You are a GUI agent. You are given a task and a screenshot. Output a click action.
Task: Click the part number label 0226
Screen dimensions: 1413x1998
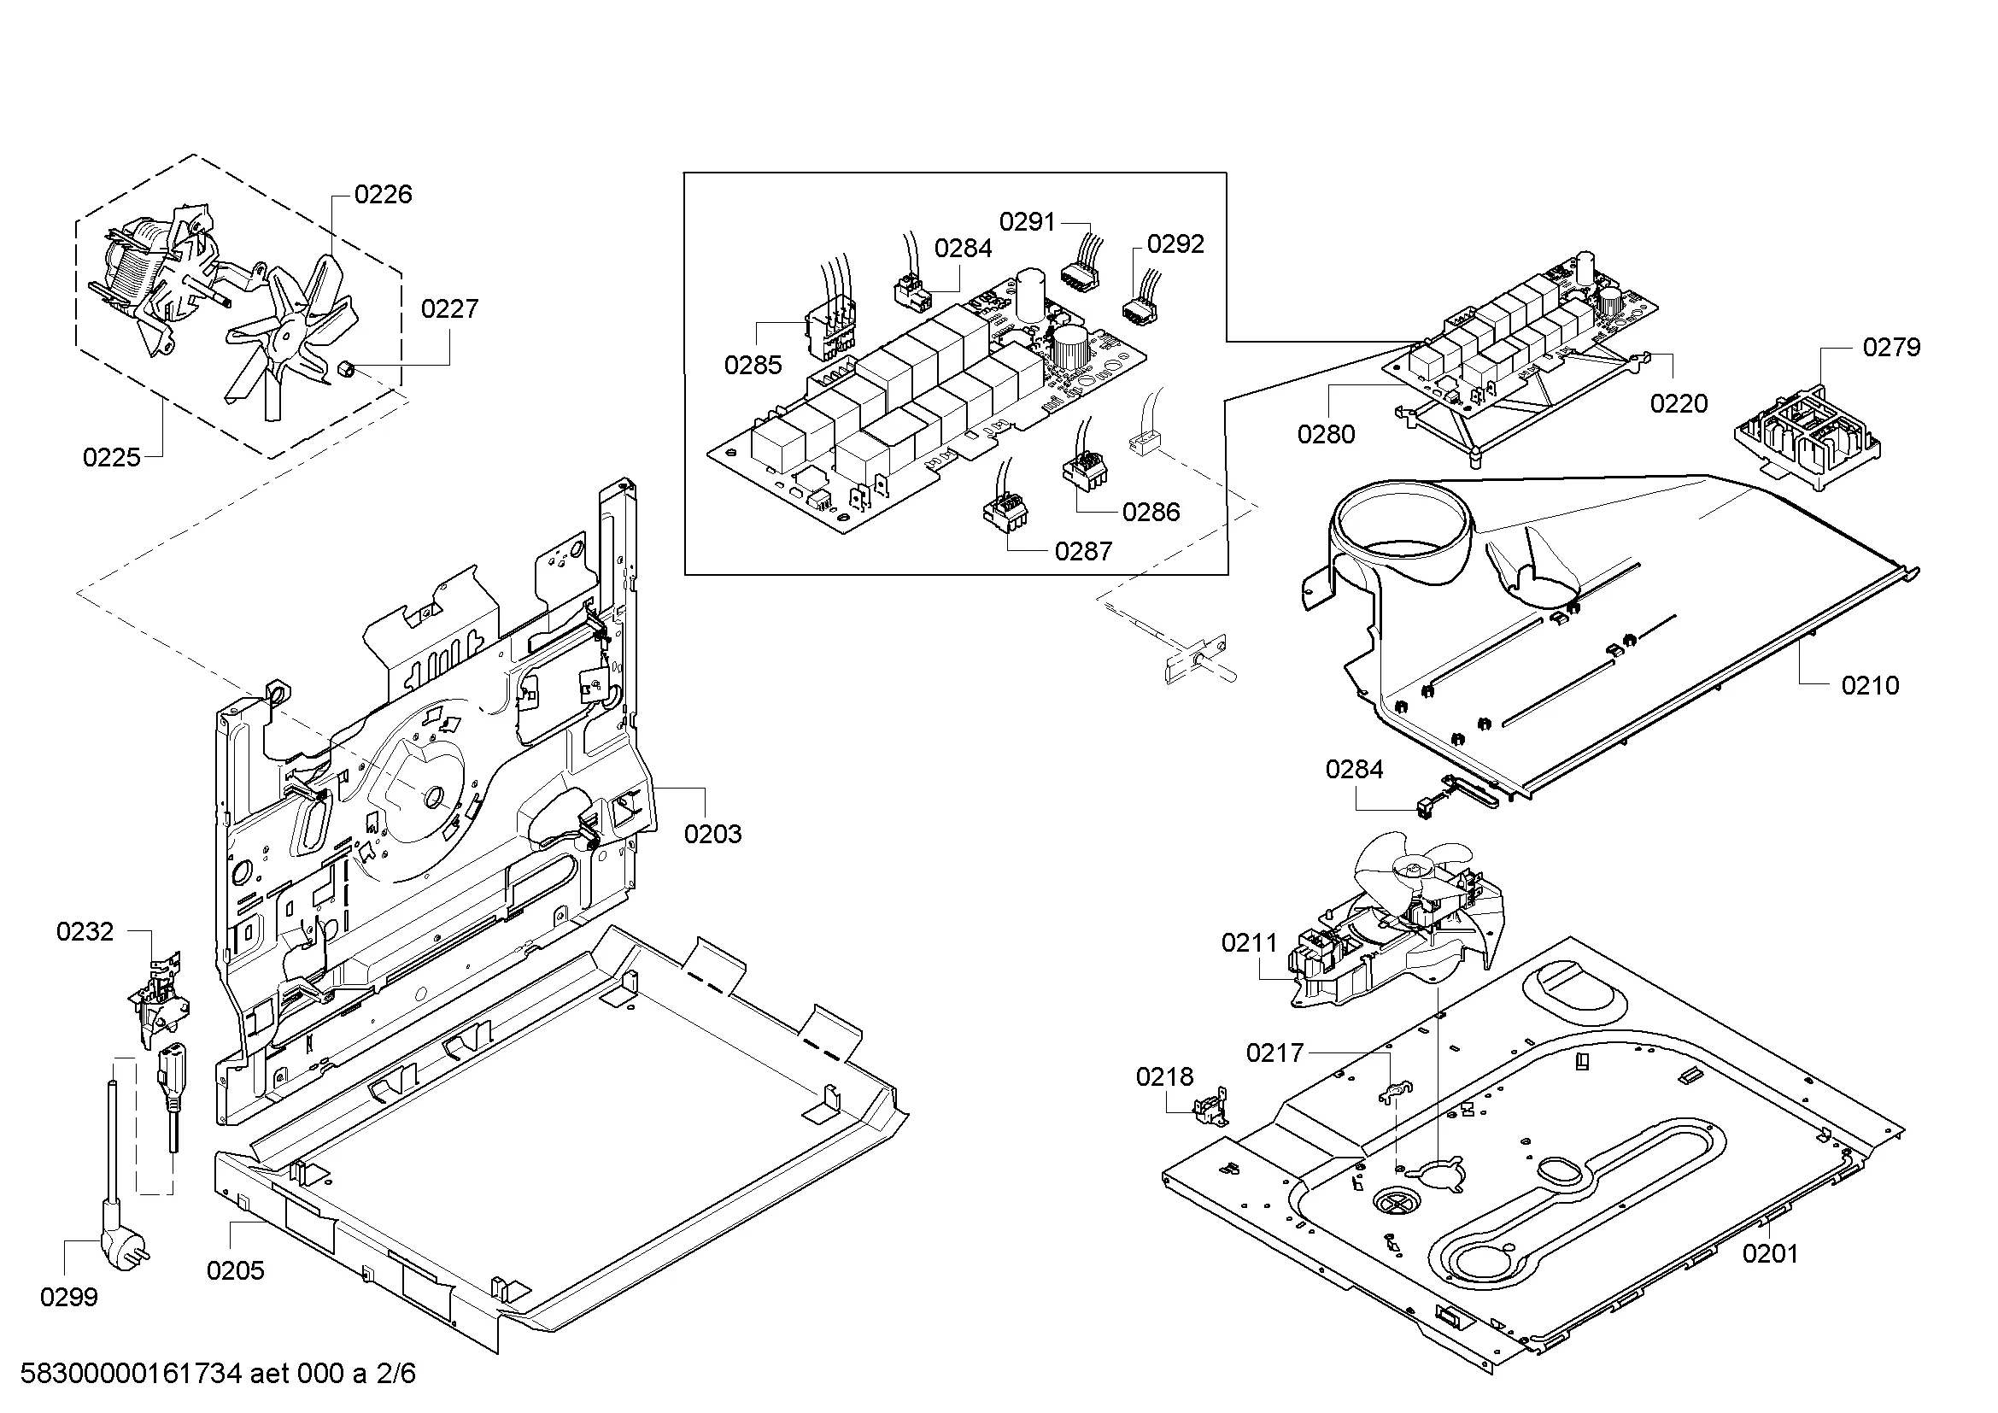pyautogui.click(x=383, y=194)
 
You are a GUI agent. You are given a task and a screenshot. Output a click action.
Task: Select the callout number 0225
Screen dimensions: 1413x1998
pyautogui.click(x=111, y=458)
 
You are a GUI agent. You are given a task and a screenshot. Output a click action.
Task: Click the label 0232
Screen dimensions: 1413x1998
pyautogui.click(x=85, y=932)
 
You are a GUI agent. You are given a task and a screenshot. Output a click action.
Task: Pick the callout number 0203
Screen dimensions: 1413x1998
pyautogui.click(x=712, y=835)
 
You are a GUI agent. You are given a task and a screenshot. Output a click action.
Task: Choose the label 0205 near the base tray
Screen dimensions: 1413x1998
pyautogui.click(x=235, y=1271)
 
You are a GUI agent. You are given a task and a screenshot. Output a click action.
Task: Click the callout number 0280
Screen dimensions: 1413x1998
pyautogui.click(x=1326, y=434)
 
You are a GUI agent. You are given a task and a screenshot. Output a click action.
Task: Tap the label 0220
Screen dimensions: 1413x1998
pyautogui.click(x=1679, y=404)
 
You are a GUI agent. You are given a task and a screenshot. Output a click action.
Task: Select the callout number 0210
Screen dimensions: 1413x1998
pyautogui.click(x=1869, y=687)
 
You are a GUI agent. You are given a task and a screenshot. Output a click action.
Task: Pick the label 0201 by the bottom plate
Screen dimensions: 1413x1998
pyautogui.click(x=1770, y=1254)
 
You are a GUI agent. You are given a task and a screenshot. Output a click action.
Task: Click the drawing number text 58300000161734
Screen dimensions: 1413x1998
pyautogui.click(x=131, y=1374)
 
